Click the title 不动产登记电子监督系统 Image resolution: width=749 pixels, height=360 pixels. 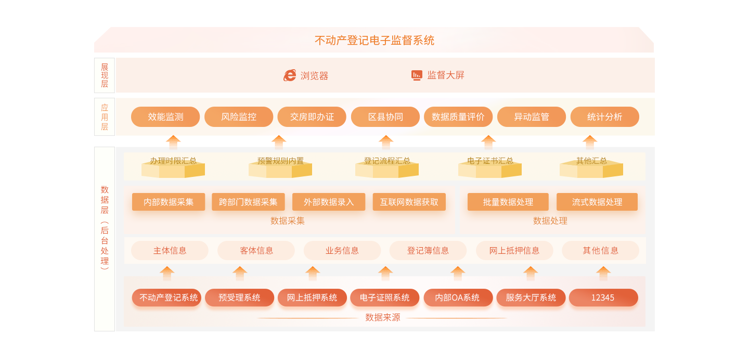374,40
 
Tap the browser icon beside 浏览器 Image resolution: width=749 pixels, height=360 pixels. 290,75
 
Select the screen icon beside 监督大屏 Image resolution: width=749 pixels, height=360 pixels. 417,75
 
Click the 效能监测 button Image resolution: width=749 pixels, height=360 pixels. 165,117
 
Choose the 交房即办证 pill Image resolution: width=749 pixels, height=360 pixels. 312,117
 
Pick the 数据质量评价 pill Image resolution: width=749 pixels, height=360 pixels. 458,117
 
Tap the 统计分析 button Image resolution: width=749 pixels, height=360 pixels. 604,117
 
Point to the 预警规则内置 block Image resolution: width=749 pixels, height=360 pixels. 280,165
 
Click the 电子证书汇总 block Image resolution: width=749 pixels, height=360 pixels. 490,165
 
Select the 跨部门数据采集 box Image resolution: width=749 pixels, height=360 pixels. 248,202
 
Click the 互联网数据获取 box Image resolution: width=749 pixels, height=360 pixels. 409,202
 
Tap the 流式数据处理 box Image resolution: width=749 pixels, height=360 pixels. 597,202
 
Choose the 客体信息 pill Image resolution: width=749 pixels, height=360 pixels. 256,250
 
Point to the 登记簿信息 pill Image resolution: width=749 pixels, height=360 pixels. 428,250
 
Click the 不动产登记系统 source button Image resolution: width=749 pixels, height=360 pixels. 166,298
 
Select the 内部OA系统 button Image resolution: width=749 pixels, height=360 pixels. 458,298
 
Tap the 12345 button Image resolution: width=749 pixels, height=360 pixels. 603,298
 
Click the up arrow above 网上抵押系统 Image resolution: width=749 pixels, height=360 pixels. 313,273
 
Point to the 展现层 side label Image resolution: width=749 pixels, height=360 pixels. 105,75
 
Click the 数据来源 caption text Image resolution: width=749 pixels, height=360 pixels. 383,317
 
